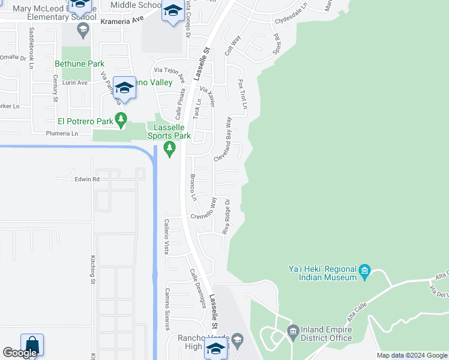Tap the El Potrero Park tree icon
[x=122, y=121]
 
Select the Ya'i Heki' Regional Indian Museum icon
[x=365, y=274]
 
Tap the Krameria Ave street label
[x=122, y=20]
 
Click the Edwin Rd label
[x=86, y=179]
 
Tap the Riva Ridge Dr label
[x=226, y=217]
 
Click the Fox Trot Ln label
[x=243, y=94]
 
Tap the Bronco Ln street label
[x=193, y=187]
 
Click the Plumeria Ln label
[x=62, y=134]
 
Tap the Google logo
[x=20, y=353]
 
